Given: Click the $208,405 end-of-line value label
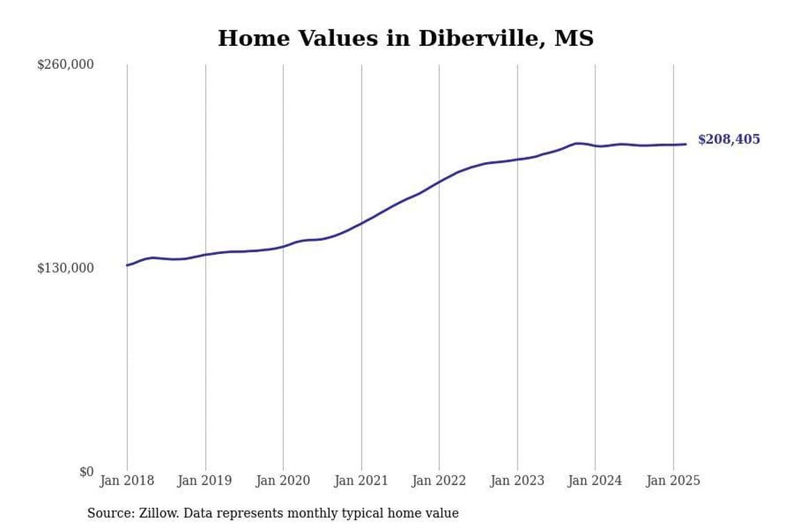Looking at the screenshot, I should coord(728,140).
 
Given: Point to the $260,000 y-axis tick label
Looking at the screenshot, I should coord(65,65).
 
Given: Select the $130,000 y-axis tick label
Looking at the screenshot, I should coord(65,268).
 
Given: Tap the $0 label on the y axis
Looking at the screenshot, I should coord(86,472).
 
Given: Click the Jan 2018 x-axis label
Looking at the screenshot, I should coord(127,481).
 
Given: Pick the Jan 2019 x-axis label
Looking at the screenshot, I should coord(205,481).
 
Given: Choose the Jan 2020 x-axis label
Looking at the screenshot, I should coord(282,481).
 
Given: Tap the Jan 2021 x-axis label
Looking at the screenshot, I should coord(361,481).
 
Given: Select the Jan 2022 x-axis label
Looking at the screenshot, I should coord(439,481).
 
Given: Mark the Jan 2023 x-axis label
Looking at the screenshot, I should coord(517,481).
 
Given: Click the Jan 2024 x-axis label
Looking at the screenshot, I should coord(595,481).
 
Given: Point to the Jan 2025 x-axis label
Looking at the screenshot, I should coord(673,481).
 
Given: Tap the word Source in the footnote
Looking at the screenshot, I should coord(111,514).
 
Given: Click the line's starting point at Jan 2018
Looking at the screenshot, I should coord(127,265).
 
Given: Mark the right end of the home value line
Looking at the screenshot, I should coord(686,144).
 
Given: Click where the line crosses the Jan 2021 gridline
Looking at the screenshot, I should coord(361,223).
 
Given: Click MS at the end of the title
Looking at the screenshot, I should coord(574,39).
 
